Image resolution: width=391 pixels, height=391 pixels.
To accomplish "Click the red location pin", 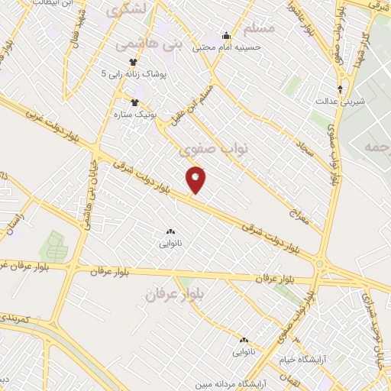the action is [x=195, y=179].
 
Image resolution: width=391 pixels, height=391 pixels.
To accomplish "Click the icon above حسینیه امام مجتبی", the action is [x=225, y=35].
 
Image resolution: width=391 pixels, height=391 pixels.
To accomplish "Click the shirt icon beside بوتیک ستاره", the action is [x=135, y=102].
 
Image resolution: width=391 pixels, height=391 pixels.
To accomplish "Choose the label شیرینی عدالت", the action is [x=341, y=100].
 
